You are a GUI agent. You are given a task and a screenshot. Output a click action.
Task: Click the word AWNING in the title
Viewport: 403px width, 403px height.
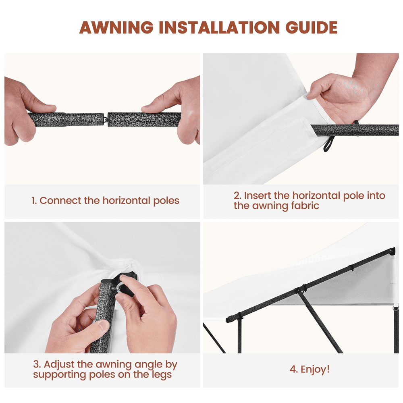tap(116, 27)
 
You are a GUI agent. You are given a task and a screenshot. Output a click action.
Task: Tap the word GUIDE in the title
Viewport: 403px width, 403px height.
tap(311, 27)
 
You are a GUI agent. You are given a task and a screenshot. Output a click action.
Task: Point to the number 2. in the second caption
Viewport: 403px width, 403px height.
tap(237, 195)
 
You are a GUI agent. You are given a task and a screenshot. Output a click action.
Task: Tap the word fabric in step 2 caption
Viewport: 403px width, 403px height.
tap(305, 206)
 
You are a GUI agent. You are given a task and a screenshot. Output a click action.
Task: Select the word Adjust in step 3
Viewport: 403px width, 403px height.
tap(59, 364)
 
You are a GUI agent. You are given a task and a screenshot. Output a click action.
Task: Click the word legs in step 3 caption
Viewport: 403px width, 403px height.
tap(161, 375)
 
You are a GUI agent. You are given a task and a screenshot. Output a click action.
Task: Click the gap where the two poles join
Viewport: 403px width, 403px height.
tap(106, 119)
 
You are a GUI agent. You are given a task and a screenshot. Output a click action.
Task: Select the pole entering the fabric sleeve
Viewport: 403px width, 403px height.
tap(355, 131)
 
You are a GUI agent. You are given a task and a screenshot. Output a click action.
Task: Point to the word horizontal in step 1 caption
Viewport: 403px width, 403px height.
tap(126, 200)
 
